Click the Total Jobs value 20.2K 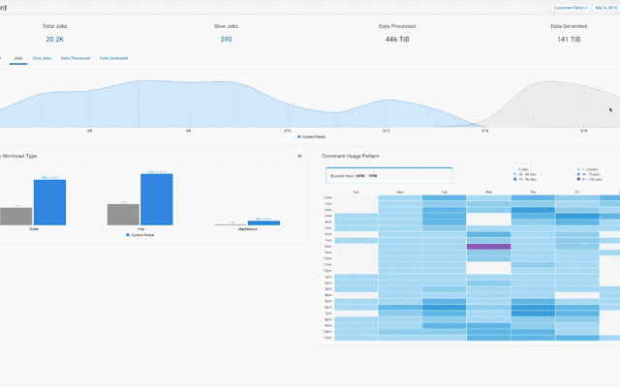click(x=54, y=40)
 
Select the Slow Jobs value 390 click(x=226, y=40)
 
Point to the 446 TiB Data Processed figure click(x=397, y=40)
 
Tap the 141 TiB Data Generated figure click(x=569, y=40)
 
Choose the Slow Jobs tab click(x=43, y=58)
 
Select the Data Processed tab click(x=76, y=58)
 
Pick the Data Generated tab click(x=111, y=58)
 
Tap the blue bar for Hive click(x=156, y=199)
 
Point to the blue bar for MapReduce click(x=263, y=223)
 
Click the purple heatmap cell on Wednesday click(x=488, y=247)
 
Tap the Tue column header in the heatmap click(x=444, y=192)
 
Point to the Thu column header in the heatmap click(x=532, y=192)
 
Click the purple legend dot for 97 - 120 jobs click(x=578, y=180)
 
